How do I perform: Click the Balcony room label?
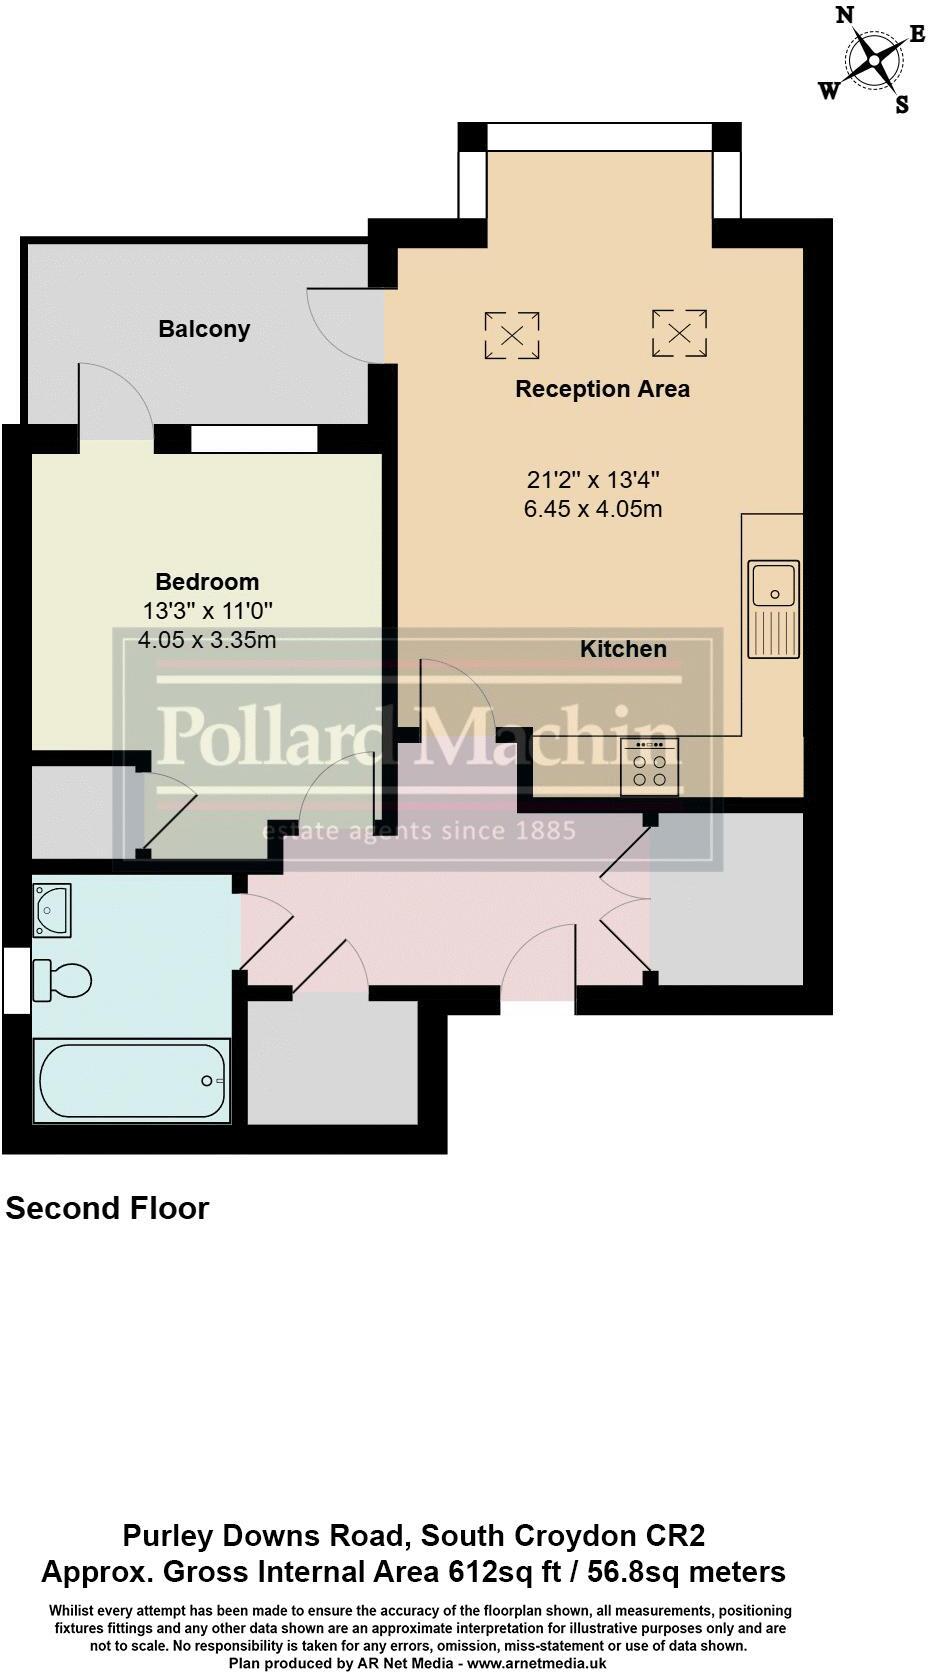pos(204,329)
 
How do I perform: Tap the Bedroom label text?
pos(207,582)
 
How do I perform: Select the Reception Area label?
pos(602,389)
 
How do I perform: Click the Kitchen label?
pos(623,649)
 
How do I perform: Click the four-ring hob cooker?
pos(650,768)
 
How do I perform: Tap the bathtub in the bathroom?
pos(132,1081)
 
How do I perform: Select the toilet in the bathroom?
pos(62,979)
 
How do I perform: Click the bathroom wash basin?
pos(52,909)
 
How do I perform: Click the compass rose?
pos(874,59)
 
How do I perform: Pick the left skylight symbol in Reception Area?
pos(512,335)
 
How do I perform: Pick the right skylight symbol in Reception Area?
pos(679,333)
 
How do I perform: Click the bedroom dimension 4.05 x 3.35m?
pos(207,640)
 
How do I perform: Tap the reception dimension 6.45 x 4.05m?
pos(593,509)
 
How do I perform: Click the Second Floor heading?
pos(107,1208)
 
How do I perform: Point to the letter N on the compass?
pos(845,15)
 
